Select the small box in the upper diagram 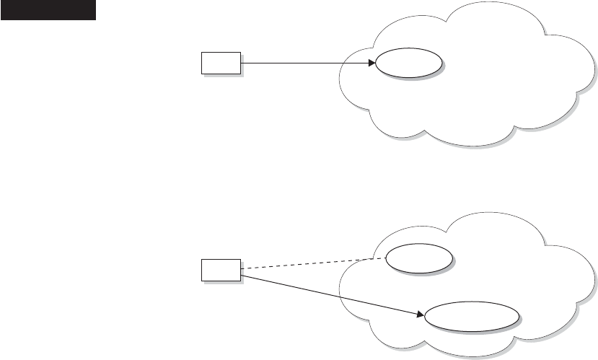(x=221, y=63)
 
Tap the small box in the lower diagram (x=221, y=271)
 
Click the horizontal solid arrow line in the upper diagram (x=303, y=63)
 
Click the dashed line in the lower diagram (x=310, y=263)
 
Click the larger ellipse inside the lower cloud (x=472, y=317)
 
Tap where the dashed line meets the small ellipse (x=387, y=257)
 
